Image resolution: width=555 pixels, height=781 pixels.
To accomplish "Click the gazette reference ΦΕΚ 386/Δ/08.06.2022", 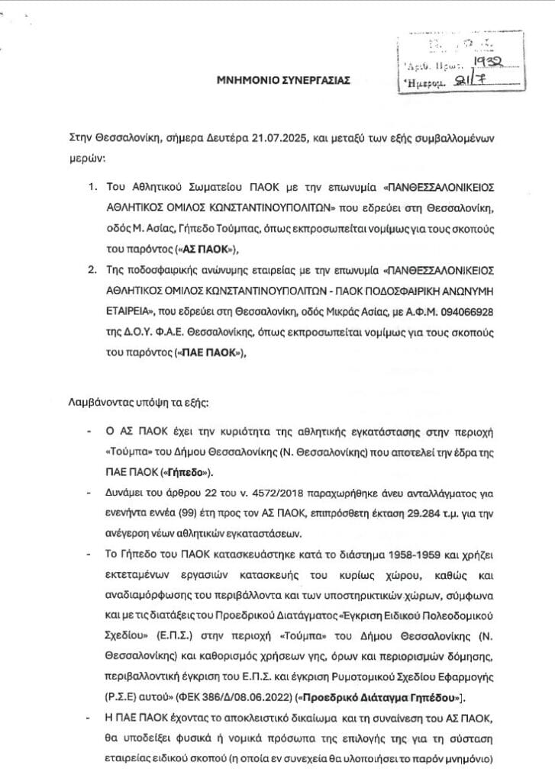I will click(x=211, y=696).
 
